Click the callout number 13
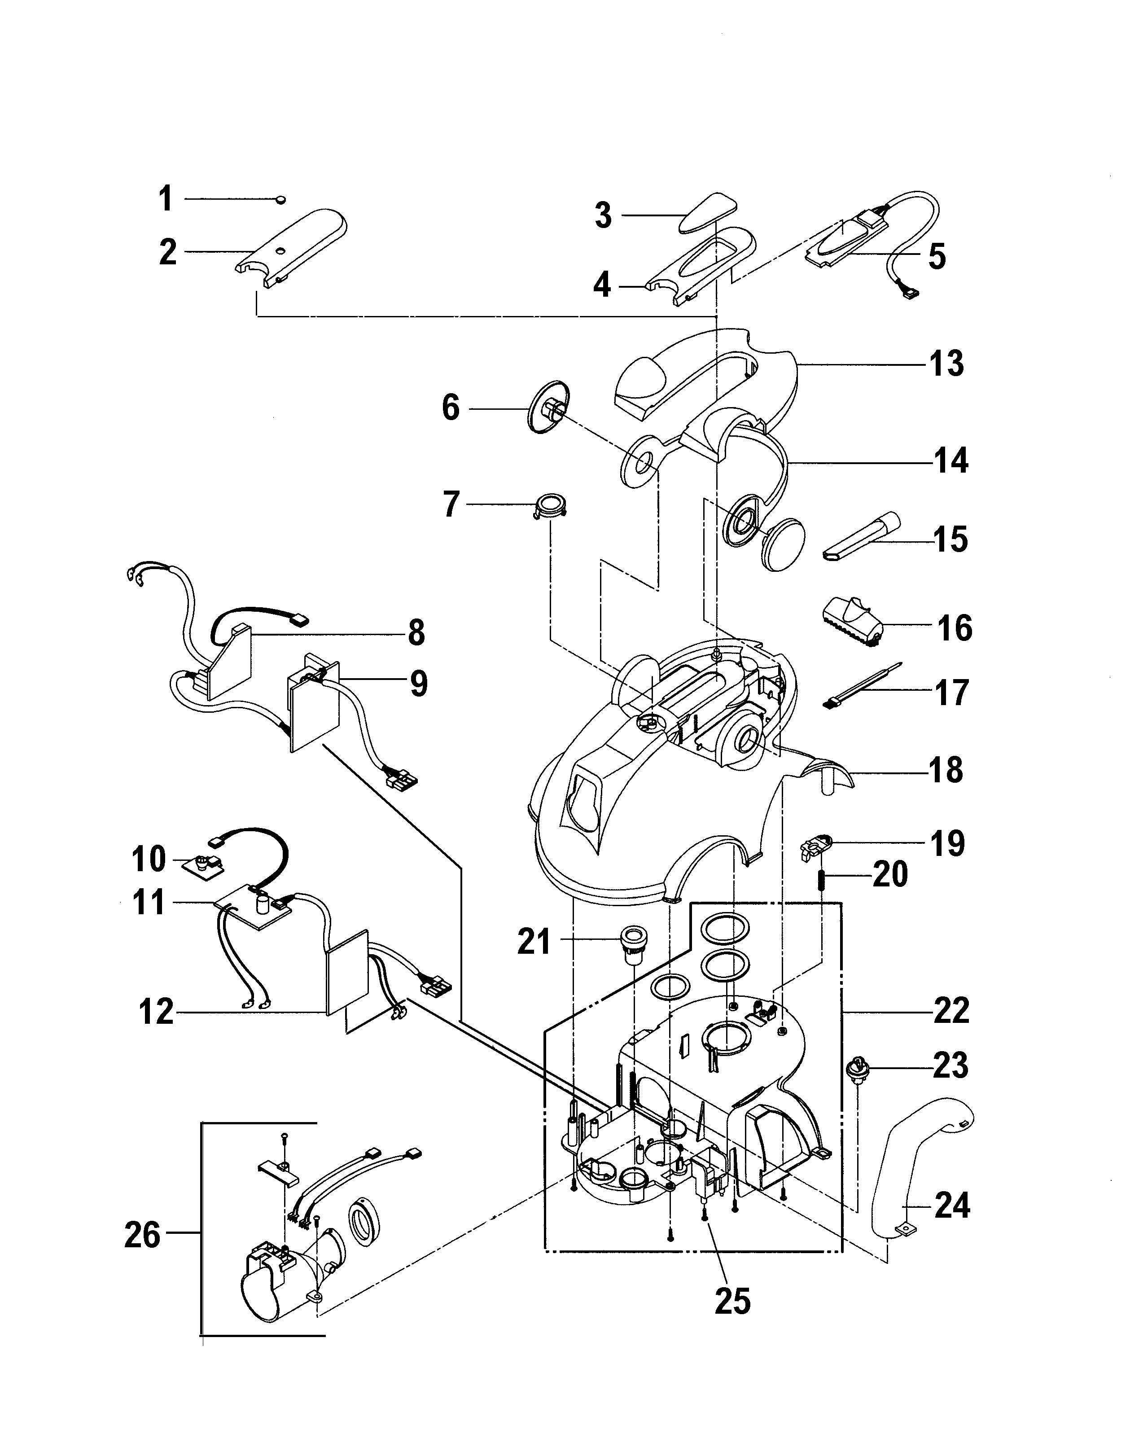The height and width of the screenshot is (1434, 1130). coord(947,364)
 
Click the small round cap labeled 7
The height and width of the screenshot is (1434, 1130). coord(551,505)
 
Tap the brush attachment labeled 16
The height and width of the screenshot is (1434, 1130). coord(854,617)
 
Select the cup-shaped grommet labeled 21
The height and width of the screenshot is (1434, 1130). coord(632,940)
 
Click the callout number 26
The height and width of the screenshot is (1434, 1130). coord(142,1236)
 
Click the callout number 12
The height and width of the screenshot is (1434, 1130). coord(157,1012)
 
